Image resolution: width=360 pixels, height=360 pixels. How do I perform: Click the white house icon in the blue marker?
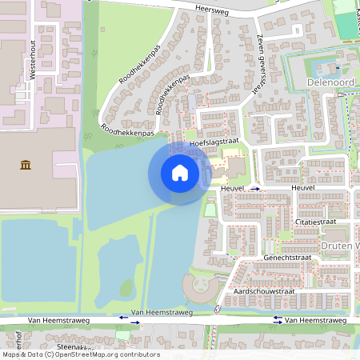click(x=179, y=172)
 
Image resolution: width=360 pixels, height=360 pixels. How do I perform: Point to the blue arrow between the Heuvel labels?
click(x=255, y=189)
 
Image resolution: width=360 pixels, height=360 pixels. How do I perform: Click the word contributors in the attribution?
click(x=138, y=354)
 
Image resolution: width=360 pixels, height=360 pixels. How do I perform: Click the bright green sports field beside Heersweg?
click(x=346, y=24)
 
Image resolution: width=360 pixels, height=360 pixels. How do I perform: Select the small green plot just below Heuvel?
click(x=211, y=210)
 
